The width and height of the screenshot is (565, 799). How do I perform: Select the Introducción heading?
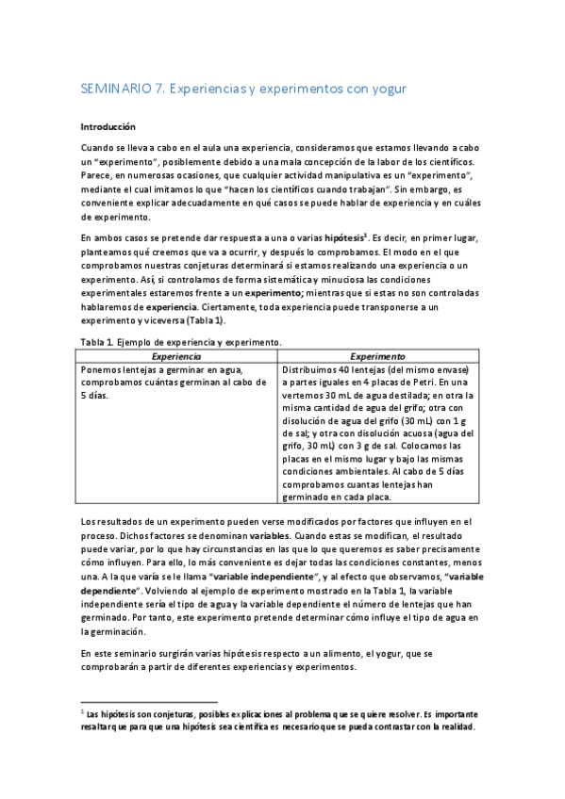108,124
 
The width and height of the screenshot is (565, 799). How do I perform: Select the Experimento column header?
377,357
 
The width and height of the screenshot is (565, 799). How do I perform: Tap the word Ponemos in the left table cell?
105,370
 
